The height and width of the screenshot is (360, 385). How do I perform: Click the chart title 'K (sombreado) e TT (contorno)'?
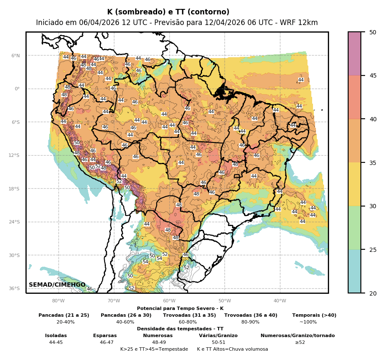pyautogui.click(x=168, y=12)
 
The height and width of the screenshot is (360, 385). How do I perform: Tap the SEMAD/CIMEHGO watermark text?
pyautogui.click(x=57, y=285)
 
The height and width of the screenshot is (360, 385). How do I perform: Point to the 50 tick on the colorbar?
pyautogui.click(x=373, y=32)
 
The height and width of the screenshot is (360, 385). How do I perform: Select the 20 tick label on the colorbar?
pyautogui.click(x=373, y=293)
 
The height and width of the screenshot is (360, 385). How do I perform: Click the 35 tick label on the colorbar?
pyautogui.click(x=373, y=162)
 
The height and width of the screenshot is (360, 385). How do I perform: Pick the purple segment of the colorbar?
pyautogui.click(x=355, y=53)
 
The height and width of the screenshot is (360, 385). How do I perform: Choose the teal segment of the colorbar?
pyautogui.click(x=355, y=271)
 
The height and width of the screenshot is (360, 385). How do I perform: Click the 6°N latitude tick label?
pyautogui.click(x=16, y=56)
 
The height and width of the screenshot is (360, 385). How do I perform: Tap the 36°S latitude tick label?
pyautogui.click(x=15, y=288)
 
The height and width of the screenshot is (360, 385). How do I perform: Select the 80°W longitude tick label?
pyautogui.click(x=58, y=301)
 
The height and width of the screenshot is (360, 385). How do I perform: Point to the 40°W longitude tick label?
pyautogui.click(x=280, y=301)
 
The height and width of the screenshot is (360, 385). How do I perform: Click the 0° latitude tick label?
pyautogui.click(x=17, y=89)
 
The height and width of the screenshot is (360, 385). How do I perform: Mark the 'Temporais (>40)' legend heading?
pyautogui.click(x=314, y=315)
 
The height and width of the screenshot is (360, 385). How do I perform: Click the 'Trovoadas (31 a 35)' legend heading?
pyautogui.click(x=189, y=315)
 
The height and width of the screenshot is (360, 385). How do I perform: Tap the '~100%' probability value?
pyautogui.click(x=308, y=322)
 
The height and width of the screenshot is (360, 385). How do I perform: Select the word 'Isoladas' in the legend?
pyautogui.click(x=56, y=335)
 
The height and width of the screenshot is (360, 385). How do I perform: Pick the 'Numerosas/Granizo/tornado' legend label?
pyautogui.click(x=297, y=335)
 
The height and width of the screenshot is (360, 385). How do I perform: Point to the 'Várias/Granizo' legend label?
pyautogui.click(x=218, y=335)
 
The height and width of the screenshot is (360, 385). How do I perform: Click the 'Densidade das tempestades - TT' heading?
pyautogui.click(x=180, y=329)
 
